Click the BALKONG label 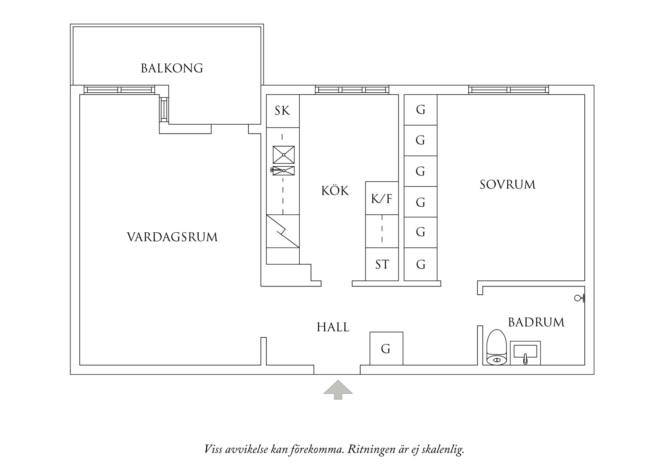pyautogui.click(x=172, y=68)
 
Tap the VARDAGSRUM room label pyautogui.click(x=172, y=237)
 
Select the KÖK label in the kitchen pyautogui.click(x=335, y=190)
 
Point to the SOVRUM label pyautogui.click(x=507, y=185)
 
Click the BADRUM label pyautogui.click(x=536, y=322)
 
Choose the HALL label pyautogui.click(x=333, y=327)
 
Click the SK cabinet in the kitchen pyautogui.click(x=283, y=111)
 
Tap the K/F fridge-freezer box pyautogui.click(x=382, y=198)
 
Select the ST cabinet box pyautogui.click(x=382, y=264)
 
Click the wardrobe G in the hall pyautogui.click(x=386, y=349)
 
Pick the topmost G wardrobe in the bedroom pyautogui.click(x=420, y=110)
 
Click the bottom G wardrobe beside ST pyautogui.click(x=420, y=264)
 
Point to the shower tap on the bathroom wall pyautogui.click(x=579, y=298)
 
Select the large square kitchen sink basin pyautogui.click(x=283, y=154)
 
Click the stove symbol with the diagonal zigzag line pyautogui.click(x=283, y=231)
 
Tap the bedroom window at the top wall pyautogui.click(x=508, y=90)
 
